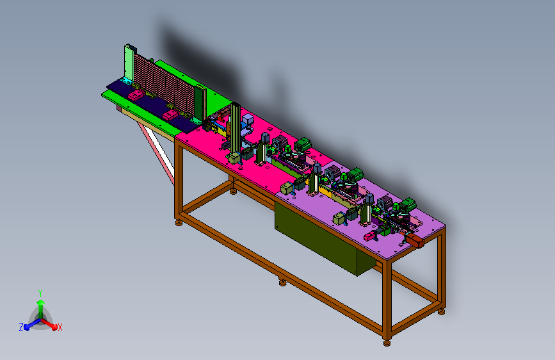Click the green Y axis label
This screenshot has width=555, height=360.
(x=40, y=293)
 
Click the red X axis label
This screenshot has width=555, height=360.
(x=60, y=327)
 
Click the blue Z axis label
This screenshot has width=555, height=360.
(x=21, y=327)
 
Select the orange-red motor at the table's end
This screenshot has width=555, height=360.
(x=415, y=241)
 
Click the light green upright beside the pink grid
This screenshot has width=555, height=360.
(x=129, y=63)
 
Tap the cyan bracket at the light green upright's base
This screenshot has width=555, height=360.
(x=126, y=81)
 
